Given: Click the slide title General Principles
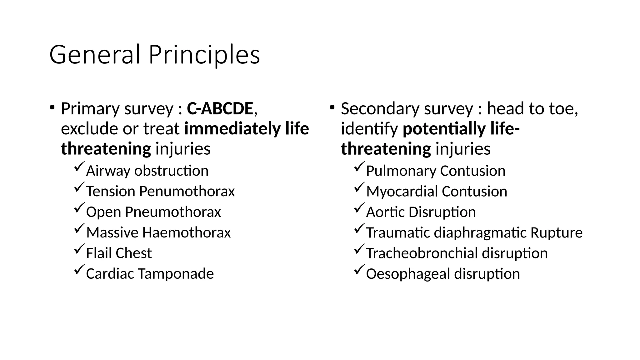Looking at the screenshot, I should (154, 55).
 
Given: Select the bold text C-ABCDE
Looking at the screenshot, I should (220, 109).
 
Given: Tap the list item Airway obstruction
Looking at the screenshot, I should (147, 171).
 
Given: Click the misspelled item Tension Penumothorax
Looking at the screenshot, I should (160, 192).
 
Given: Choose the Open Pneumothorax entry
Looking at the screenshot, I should (153, 212).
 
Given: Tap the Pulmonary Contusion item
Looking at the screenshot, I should (436, 171).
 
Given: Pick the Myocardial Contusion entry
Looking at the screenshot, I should (437, 192).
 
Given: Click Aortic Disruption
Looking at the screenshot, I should (421, 212).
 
